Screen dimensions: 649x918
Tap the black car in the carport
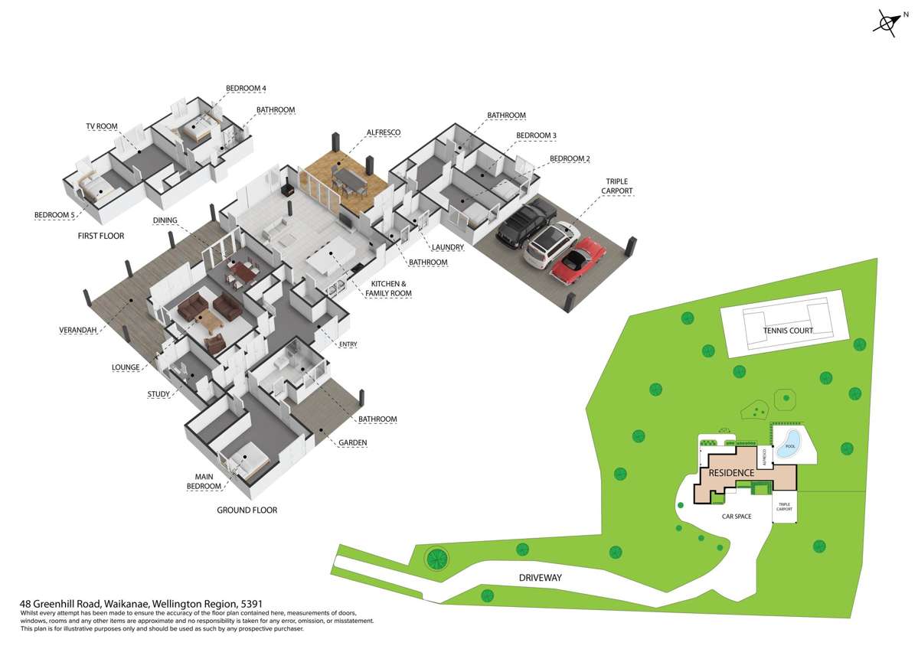[x=524, y=221]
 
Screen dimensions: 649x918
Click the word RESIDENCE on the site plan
[x=731, y=472]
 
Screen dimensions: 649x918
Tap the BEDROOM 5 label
[x=54, y=215]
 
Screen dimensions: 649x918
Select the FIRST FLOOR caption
[x=101, y=236]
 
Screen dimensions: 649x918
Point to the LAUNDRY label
[x=448, y=247]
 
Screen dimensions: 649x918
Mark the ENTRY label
[x=348, y=344]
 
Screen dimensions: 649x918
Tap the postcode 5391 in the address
[x=252, y=604]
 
